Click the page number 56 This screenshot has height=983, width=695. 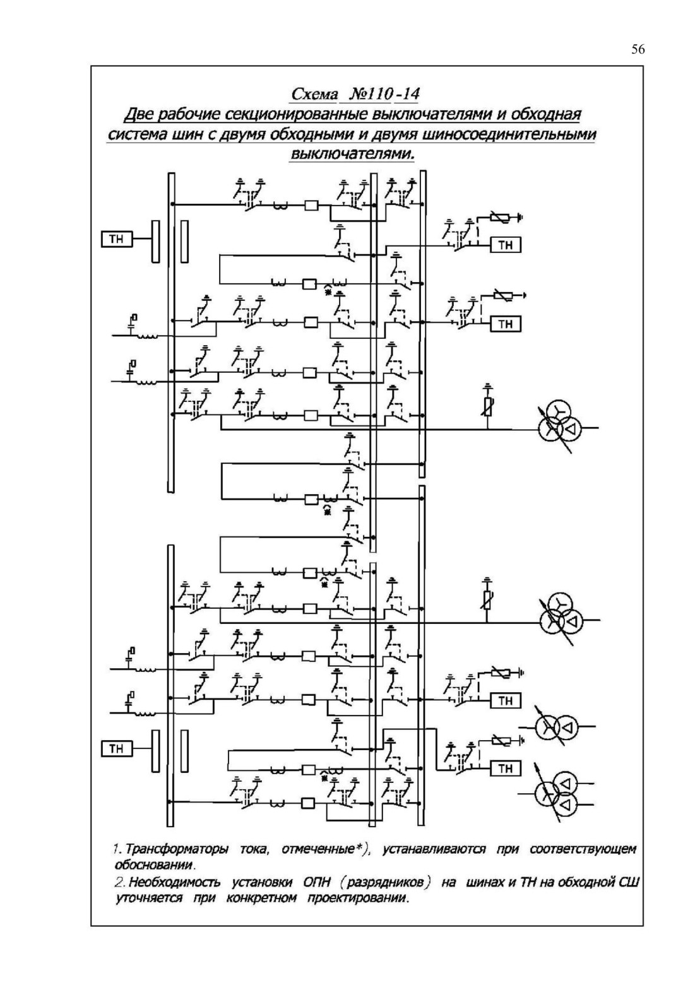pyautogui.click(x=638, y=49)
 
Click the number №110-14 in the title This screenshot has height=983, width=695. pyautogui.click(x=384, y=94)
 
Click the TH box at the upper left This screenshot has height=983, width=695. pyautogui.click(x=116, y=239)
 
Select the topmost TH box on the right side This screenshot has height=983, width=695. pyautogui.click(x=506, y=245)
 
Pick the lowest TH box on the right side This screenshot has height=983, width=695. pyautogui.click(x=506, y=768)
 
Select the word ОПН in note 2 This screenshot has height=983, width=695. pyautogui.click(x=316, y=882)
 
